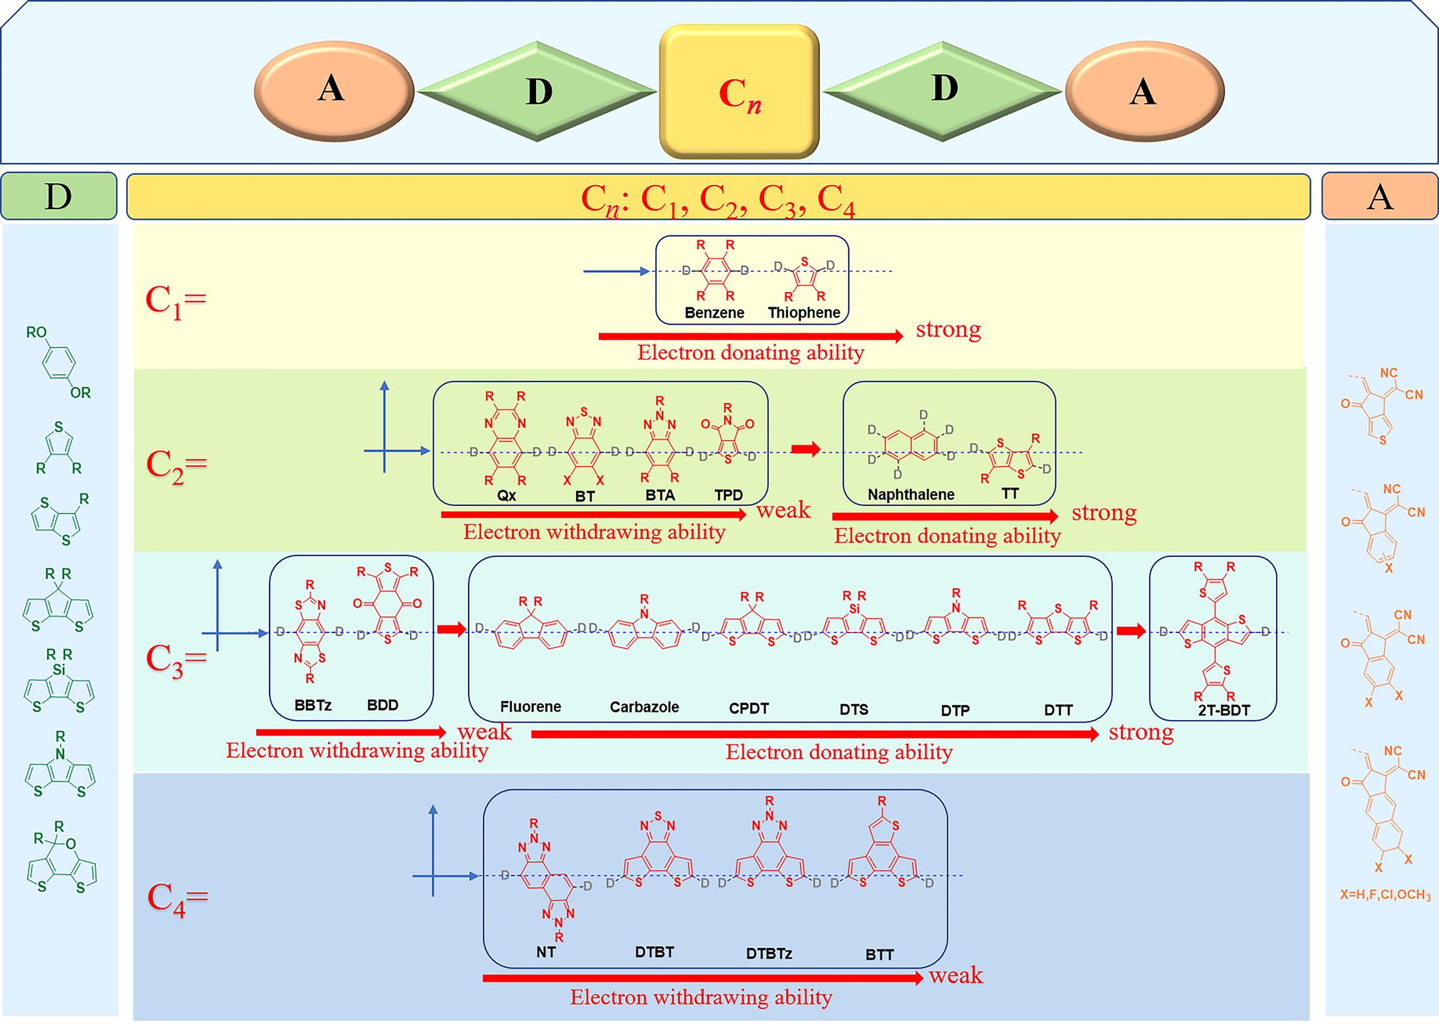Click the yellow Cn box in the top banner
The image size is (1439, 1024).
739,92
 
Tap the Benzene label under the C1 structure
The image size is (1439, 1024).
714,313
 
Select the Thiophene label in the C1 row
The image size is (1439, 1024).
804,313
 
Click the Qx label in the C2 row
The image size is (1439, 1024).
506,495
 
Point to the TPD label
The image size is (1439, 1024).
728,495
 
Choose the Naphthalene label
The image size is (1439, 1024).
911,494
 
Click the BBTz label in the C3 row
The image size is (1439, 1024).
313,705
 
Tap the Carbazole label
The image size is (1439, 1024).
644,707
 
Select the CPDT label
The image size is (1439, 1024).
749,708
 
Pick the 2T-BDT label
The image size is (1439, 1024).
1223,710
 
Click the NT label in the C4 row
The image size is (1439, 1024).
546,952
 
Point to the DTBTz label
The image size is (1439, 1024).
768,954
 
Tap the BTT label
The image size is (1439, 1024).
879,955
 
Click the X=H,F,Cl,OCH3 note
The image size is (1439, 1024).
1385,895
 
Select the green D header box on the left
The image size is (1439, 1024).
59,196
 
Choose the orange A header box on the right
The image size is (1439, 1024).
1380,197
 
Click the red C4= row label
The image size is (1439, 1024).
176,898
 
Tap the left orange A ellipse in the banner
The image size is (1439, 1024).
334,91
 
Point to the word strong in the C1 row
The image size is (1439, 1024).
948,329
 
